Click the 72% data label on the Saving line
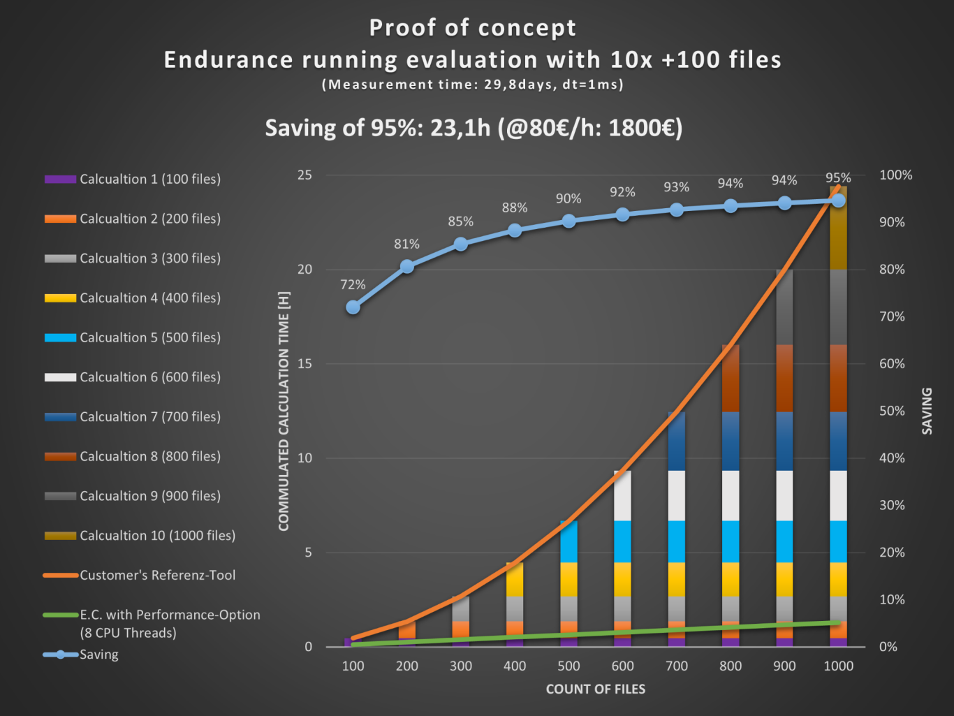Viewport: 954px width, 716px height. (353, 285)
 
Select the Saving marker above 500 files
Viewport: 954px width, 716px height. (568, 221)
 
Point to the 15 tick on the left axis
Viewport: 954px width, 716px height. (304, 364)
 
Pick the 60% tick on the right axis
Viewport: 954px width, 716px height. (892, 364)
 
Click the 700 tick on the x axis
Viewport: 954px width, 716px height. (676, 666)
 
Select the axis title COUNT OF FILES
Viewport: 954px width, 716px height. (595, 689)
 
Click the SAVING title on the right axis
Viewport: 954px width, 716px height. (927, 411)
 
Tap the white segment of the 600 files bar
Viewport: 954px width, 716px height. (622, 495)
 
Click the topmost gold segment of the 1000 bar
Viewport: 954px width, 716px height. (838, 228)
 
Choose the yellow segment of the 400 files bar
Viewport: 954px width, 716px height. (515, 579)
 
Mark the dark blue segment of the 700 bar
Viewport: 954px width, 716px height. (676, 441)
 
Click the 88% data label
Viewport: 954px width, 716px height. (514, 208)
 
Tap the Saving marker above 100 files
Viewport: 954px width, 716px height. (353, 307)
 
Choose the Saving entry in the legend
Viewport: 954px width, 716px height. (98, 655)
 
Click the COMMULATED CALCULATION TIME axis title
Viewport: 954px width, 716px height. (284, 411)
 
